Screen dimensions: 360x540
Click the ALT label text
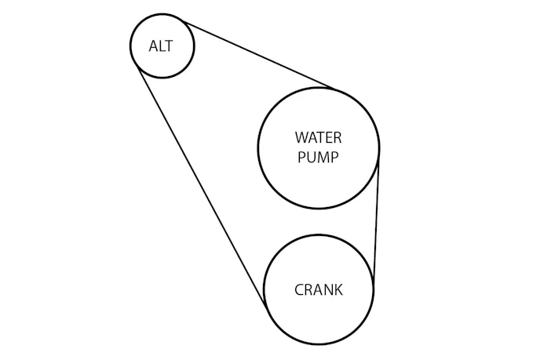coord(161,45)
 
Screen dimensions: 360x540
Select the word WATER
coord(318,137)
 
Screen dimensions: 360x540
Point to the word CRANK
coord(318,289)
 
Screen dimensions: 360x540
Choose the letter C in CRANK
coord(299,289)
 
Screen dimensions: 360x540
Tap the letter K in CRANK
coord(338,289)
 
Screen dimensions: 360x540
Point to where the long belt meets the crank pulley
coord(265,302)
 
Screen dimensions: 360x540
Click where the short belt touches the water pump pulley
coord(378,161)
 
